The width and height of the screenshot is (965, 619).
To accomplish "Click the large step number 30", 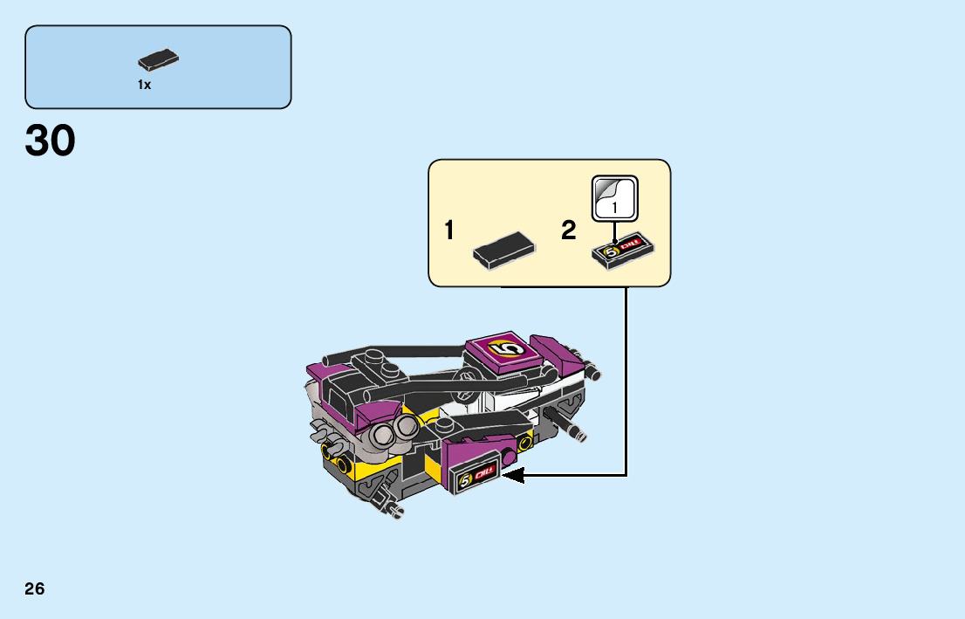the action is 51,141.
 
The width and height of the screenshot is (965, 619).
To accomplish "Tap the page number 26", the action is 35,588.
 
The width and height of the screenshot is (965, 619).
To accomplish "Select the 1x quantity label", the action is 144,85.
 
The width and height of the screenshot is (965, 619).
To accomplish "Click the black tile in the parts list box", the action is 158,60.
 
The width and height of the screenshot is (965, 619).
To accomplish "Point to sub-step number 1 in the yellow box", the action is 448,231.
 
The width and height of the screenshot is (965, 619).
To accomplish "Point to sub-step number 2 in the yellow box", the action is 569,231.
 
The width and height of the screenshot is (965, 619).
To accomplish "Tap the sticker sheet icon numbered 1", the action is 615,198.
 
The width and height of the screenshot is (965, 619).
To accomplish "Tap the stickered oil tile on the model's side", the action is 476,478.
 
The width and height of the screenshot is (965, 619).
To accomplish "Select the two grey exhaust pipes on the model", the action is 394,430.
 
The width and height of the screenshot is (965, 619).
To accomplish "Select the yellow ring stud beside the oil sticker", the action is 524,444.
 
